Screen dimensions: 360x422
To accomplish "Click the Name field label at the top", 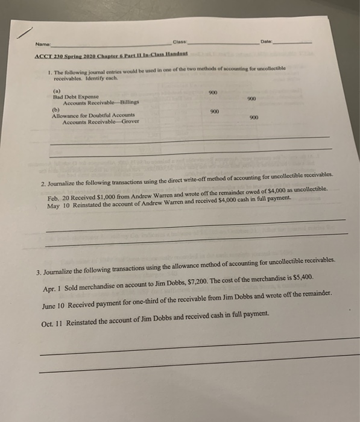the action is pyautogui.click(x=43, y=44).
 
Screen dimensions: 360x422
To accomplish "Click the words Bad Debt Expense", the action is pyautogui.click(x=75, y=96).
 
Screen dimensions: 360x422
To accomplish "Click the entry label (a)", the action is pyautogui.click(x=57, y=90).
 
